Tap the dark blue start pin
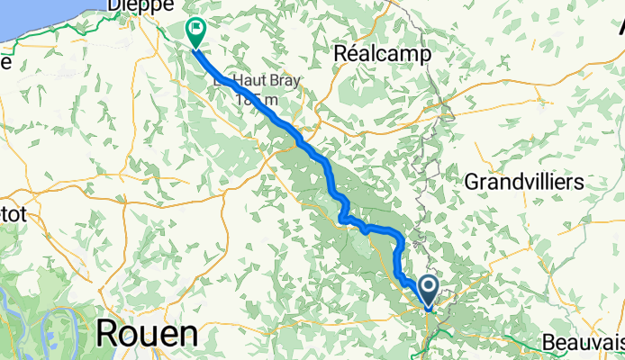tap(428, 291)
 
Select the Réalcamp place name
tap(383, 54)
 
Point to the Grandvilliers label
tap(524, 182)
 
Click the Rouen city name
tap(146, 334)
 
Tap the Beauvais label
tap(584, 343)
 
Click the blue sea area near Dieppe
tap(36, 18)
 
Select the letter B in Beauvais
tap(550, 343)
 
